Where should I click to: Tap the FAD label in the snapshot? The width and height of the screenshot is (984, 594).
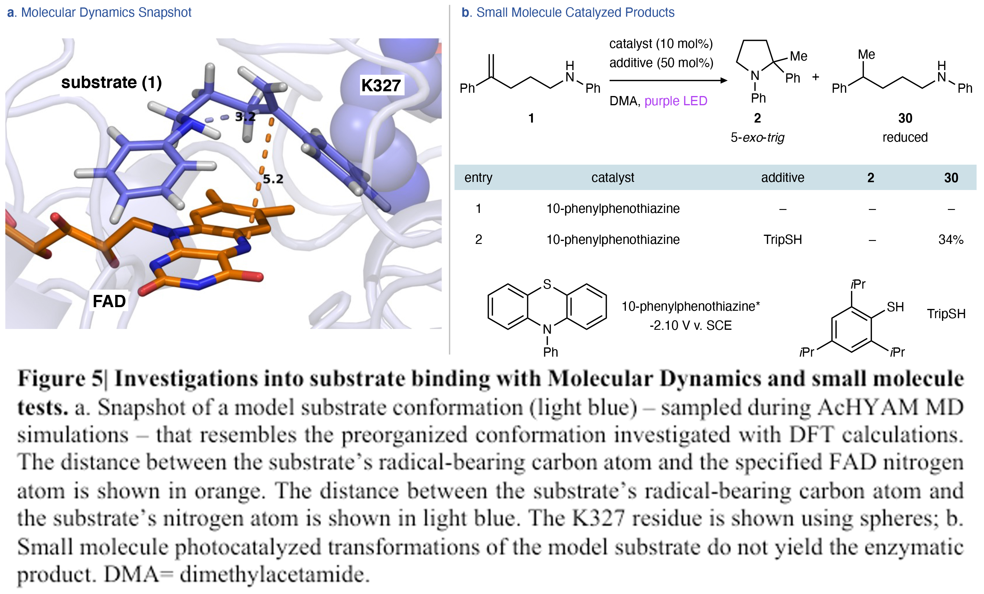pos(109,301)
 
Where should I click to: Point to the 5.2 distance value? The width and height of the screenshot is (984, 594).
pos(273,179)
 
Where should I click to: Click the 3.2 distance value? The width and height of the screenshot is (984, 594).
pos(245,117)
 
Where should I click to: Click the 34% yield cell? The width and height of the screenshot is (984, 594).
pos(951,240)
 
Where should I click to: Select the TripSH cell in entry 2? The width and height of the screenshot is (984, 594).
pos(782,240)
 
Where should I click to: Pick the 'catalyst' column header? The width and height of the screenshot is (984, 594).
pos(612,178)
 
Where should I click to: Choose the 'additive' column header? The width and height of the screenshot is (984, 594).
pos(782,178)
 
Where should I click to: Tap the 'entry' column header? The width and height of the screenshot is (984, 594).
pos(478,178)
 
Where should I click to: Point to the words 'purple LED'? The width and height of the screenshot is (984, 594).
pos(676,101)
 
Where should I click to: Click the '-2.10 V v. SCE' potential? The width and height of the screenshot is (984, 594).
pos(691,326)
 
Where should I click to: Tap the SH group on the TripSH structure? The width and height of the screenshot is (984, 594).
pos(895,307)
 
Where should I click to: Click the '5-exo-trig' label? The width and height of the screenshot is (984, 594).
pos(757,138)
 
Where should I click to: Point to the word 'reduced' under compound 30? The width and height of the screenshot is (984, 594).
pos(905,138)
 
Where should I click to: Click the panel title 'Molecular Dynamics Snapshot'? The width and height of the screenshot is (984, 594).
pos(106,13)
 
